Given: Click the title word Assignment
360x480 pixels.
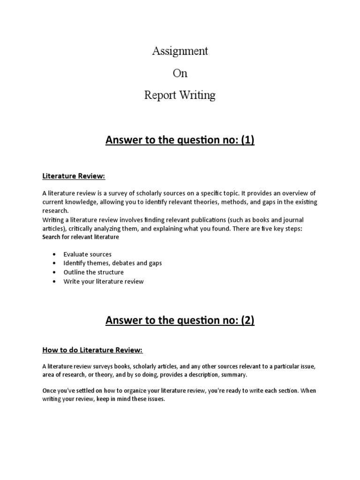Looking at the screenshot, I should click(x=180, y=51).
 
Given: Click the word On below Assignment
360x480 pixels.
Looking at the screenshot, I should click(x=180, y=73).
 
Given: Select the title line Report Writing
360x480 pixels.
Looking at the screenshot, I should click(x=180, y=95).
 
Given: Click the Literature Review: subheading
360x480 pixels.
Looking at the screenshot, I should click(x=74, y=176).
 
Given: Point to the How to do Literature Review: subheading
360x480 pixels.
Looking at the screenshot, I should click(x=92, y=350).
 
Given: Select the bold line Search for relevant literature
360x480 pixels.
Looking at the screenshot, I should click(x=81, y=237).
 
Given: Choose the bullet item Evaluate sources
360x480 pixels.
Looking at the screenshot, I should click(x=87, y=254).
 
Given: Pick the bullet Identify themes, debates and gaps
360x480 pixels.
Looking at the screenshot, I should click(x=112, y=263).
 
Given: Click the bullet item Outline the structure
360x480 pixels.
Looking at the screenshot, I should click(x=93, y=272).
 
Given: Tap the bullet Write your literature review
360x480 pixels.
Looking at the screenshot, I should click(x=104, y=281).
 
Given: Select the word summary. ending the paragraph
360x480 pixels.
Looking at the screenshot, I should click(x=232, y=375).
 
